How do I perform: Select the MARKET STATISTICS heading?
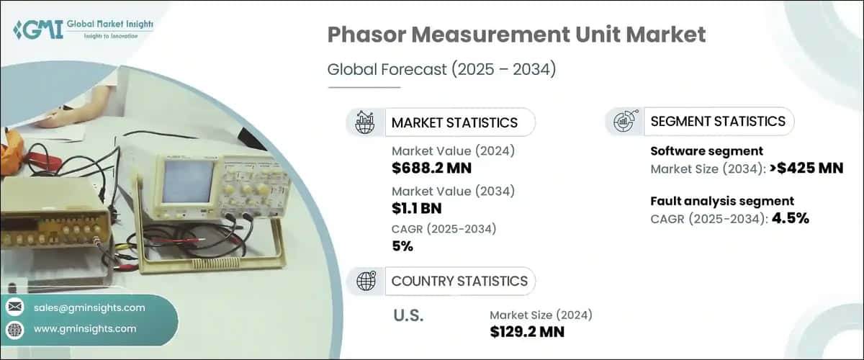pos(454,122)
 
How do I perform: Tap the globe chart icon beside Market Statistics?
pos(366,122)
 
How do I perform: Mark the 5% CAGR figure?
pos(402,246)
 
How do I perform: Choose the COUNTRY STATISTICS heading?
pos(459,281)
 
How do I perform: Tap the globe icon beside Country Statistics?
pos(366,281)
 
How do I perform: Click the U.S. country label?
pos(408,315)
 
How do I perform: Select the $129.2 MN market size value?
pos(527,332)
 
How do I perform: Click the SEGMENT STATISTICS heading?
pos(718,122)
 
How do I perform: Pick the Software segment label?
pos(697,152)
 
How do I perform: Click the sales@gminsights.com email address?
pos(89,307)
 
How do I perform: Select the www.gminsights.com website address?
pos(85,329)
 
